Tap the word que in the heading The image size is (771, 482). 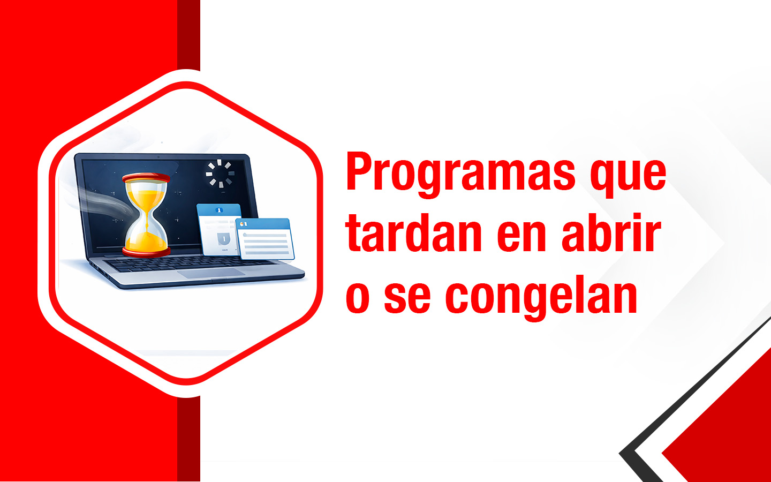pos(628,174)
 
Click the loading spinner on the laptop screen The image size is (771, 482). pos(220,173)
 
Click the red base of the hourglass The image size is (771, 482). pos(146,250)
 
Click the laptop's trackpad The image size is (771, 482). pos(211,273)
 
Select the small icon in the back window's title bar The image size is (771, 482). pos(218,210)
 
